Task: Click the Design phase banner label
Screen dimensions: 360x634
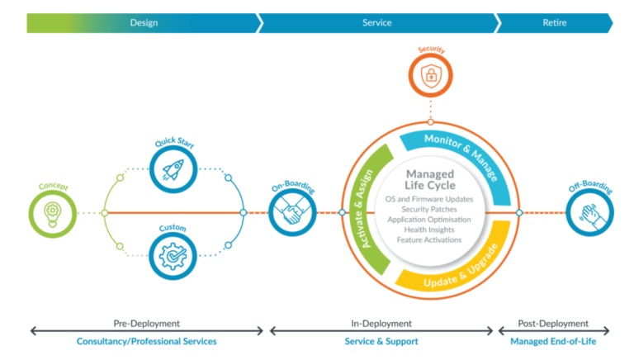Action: [144, 22]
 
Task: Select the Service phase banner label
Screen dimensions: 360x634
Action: [377, 22]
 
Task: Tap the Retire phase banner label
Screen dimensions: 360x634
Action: [554, 22]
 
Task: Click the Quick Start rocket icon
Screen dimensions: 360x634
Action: [173, 169]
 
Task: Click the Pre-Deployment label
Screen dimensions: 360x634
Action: [146, 324]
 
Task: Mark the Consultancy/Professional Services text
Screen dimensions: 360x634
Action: [146, 341]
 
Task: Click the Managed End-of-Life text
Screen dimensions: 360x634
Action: [553, 341]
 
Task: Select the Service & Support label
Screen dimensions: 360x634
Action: [381, 341]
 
